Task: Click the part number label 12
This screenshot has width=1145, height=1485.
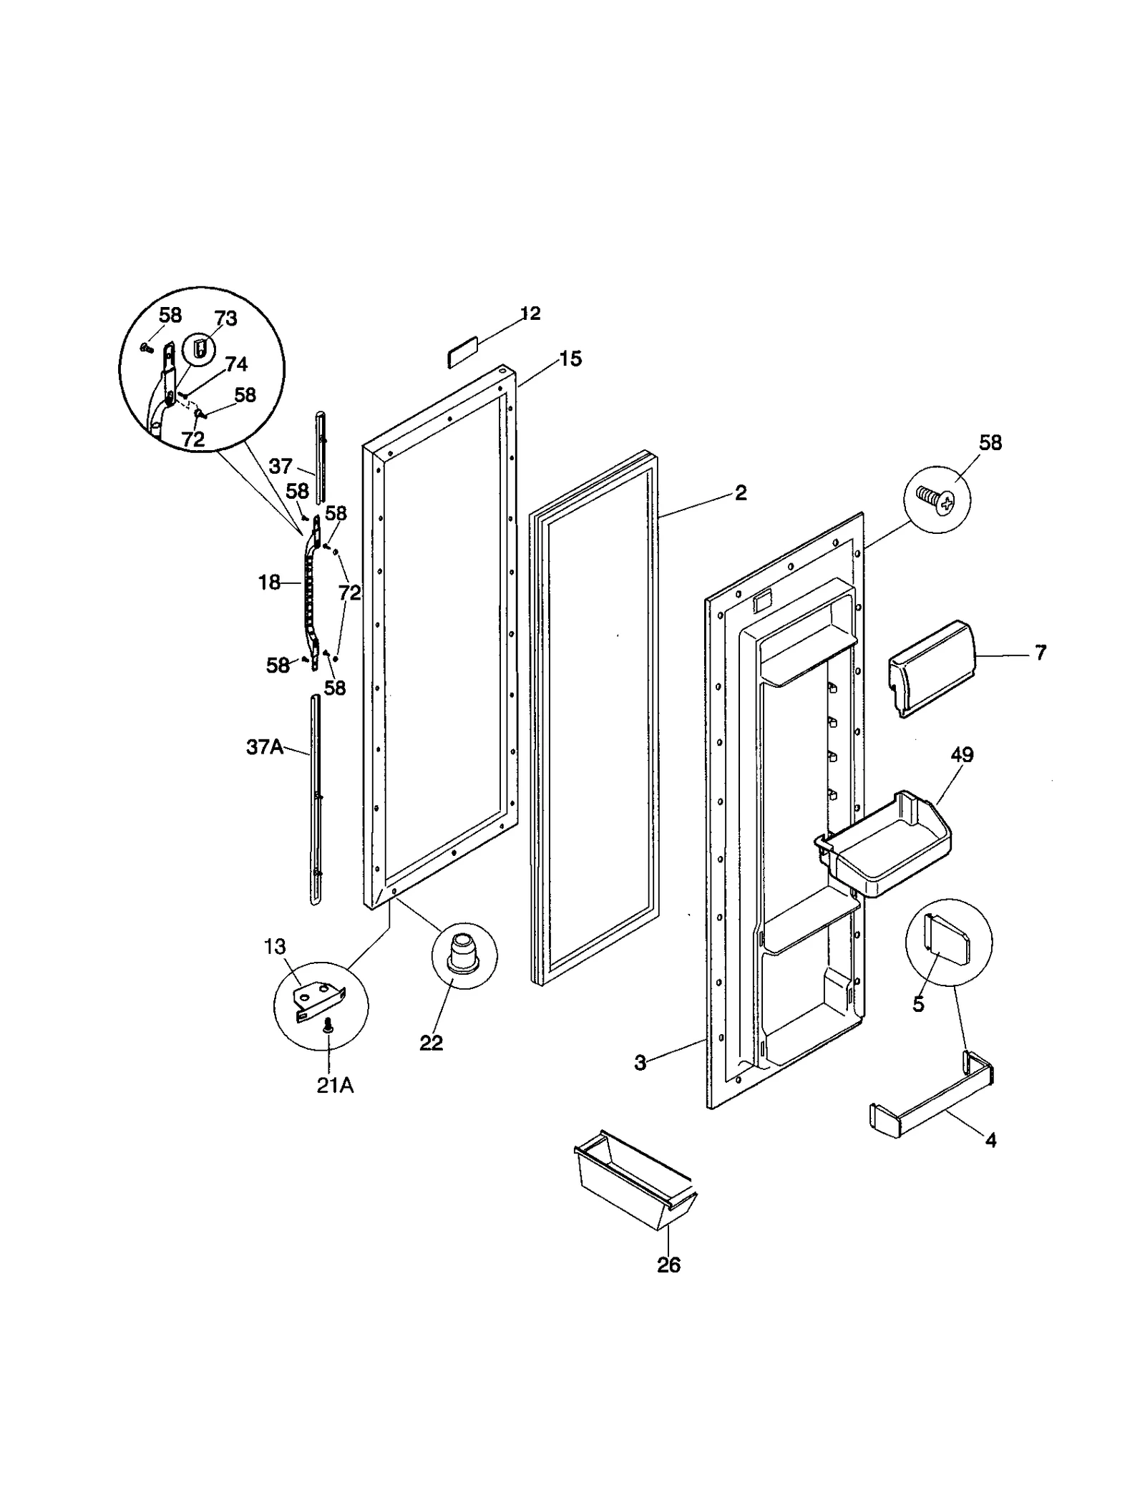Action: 530,313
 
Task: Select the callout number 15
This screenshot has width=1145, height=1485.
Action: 570,359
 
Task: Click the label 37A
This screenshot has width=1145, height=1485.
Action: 264,748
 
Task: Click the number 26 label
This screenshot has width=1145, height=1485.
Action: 668,1265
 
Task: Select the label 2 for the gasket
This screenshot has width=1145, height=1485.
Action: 741,492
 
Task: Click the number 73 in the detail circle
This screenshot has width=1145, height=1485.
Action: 225,318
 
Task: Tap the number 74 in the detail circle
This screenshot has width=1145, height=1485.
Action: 236,364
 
